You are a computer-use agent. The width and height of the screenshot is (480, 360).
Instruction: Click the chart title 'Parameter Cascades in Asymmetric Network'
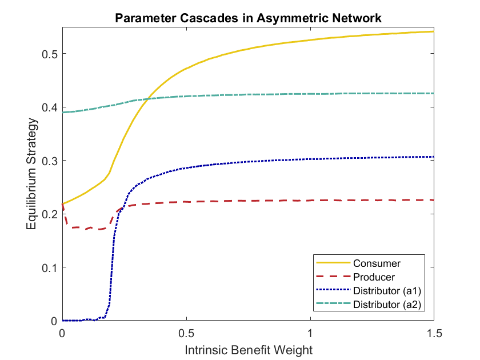point(248,18)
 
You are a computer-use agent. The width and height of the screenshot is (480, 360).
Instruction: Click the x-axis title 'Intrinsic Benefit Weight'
point(248,348)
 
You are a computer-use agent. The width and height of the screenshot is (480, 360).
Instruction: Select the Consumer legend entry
point(377,263)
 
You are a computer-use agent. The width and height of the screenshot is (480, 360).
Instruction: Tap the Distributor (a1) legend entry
point(387,291)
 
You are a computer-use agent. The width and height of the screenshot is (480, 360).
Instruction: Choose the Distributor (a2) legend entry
point(387,304)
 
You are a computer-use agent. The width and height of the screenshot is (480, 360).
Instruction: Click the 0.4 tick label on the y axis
point(50,107)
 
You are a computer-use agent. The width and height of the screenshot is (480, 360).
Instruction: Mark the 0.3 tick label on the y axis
point(50,161)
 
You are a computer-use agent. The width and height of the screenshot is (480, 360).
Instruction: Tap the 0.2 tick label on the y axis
point(50,214)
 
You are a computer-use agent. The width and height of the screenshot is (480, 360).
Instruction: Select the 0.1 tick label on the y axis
point(50,267)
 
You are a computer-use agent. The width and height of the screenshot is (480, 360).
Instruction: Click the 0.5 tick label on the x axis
point(186,332)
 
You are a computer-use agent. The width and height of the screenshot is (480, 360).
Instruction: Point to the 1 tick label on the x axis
point(310,332)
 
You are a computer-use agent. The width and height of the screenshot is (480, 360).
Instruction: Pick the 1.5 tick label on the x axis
point(434,332)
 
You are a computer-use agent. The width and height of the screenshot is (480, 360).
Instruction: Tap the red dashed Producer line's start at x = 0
point(62,205)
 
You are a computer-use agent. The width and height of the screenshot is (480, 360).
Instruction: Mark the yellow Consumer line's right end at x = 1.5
point(434,31)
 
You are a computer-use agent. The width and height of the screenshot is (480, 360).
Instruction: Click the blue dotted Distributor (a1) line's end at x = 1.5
point(434,157)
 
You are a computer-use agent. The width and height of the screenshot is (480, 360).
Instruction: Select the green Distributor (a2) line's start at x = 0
point(62,112)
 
